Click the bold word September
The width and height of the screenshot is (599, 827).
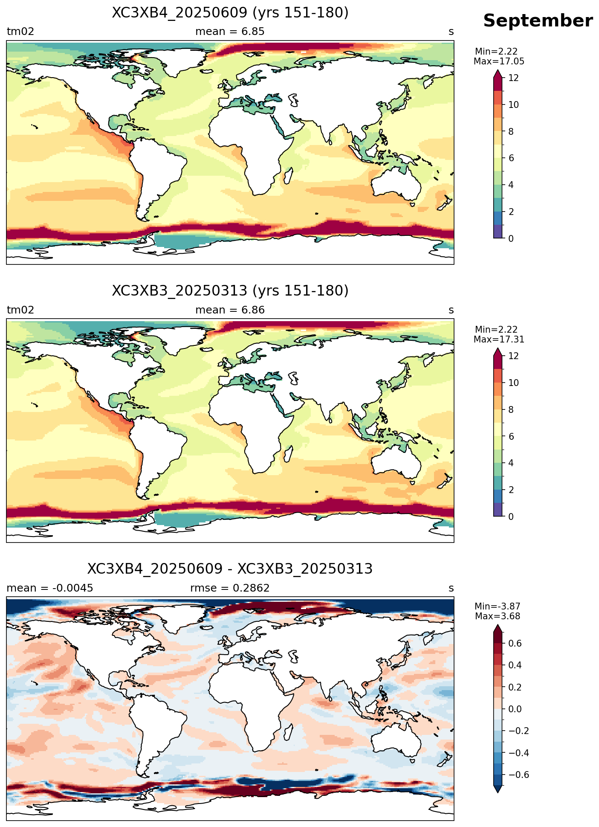538,21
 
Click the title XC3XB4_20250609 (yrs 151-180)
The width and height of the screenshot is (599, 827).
230,13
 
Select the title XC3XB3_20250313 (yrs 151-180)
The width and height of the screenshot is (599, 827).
230,291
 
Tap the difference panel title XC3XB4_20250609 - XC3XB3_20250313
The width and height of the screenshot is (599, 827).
230,569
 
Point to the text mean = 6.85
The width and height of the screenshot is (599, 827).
230,32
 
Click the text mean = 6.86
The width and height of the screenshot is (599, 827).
230,310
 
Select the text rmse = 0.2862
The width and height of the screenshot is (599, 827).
230,588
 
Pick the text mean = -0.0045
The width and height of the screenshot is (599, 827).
50,588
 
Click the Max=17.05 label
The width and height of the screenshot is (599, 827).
499,61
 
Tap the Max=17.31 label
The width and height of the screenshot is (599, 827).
499,340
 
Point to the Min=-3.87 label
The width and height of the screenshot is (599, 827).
498,606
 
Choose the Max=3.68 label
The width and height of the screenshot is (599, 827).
498,616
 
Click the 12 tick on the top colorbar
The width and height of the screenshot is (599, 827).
514,78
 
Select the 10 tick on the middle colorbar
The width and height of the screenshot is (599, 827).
514,383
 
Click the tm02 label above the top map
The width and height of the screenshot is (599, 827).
20,32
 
